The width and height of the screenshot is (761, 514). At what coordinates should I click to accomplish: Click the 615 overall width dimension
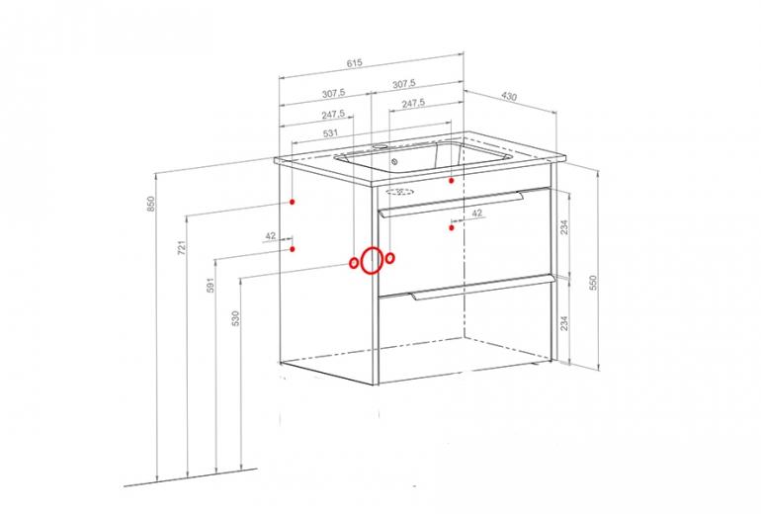pyautogui.click(x=354, y=63)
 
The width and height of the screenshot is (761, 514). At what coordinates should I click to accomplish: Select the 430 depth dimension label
pyautogui.click(x=509, y=96)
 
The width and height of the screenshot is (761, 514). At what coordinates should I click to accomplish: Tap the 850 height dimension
pyautogui.click(x=151, y=204)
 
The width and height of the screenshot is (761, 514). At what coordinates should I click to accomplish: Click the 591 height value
pyautogui.click(x=211, y=285)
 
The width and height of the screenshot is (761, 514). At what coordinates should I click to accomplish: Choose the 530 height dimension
pyautogui.click(x=236, y=318)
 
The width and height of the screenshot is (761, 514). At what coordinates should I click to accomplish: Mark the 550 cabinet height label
pyautogui.click(x=592, y=283)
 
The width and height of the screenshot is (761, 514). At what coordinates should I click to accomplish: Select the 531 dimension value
pyautogui.click(x=330, y=133)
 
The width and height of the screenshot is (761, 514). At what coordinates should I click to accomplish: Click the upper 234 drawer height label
pyautogui.click(x=564, y=227)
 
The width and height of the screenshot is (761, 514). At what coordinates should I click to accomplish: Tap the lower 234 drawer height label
pyautogui.click(x=564, y=323)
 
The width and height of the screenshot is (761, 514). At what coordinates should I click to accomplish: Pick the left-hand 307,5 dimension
pyautogui.click(x=333, y=93)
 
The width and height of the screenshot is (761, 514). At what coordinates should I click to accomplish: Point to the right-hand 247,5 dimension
pyautogui.click(x=413, y=104)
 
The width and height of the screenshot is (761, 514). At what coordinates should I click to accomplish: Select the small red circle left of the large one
pyautogui.click(x=354, y=263)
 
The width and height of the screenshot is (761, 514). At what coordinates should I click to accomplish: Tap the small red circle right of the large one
pyautogui.click(x=390, y=258)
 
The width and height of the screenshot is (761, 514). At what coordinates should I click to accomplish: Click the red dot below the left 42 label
pyautogui.click(x=293, y=249)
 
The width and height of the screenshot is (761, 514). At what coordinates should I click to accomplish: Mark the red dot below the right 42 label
pyautogui.click(x=452, y=227)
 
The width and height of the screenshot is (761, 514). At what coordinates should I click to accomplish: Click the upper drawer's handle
pyautogui.click(x=452, y=205)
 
